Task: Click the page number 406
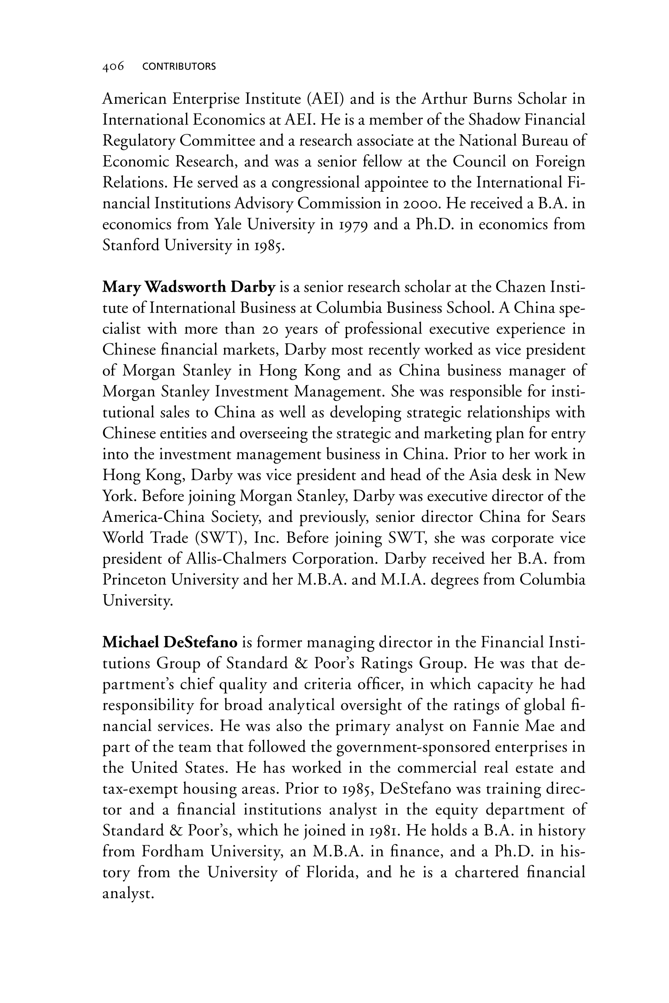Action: click(x=113, y=66)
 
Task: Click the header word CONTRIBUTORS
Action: click(x=179, y=66)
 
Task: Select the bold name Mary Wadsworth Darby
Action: click(x=188, y=288)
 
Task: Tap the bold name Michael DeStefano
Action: click(x=170, y=642)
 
